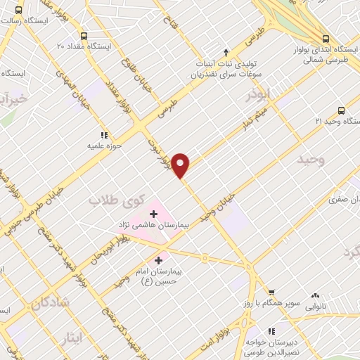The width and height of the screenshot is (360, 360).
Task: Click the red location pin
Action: [181, 165]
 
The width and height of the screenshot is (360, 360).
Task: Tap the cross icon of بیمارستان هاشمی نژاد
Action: [153, 213]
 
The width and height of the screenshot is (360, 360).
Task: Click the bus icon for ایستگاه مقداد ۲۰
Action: [84, 36]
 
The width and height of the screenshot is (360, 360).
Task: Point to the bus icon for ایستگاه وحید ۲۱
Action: [341, 110]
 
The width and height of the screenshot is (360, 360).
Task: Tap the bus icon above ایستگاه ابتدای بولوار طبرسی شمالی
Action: [325, 39]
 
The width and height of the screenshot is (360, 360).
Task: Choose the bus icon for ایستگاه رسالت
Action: [18, 11]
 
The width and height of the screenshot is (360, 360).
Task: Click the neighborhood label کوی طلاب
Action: [112, 201]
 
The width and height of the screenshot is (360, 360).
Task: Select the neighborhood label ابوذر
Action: [258, 94]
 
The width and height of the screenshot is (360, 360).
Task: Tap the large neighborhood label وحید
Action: [311, 160]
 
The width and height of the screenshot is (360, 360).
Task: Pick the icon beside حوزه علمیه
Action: [104, 134]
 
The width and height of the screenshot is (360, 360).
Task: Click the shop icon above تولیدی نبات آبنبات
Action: [226, 51]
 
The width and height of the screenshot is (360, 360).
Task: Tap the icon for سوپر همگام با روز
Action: [271, 292]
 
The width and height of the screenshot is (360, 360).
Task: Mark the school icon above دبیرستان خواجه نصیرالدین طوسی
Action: [271, 331]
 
